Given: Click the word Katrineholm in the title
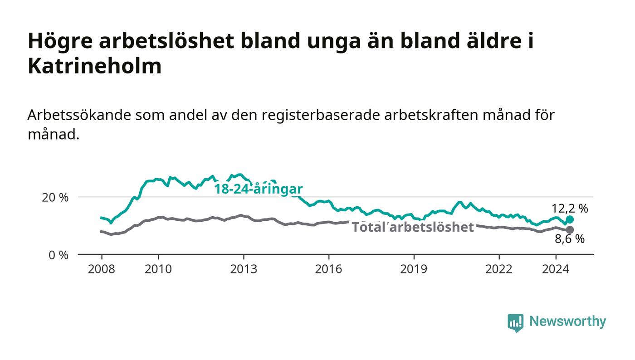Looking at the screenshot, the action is coord(95,66).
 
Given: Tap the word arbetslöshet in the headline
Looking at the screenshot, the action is coord(166,41).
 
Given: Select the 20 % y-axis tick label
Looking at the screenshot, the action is coord(55,198).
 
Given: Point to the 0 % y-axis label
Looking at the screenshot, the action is coord(59,255).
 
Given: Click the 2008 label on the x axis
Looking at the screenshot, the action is coord(102,269).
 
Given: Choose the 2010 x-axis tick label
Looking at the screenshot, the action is coord(158,269).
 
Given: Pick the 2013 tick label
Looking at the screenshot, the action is coord(244,269).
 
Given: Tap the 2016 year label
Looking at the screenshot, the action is coord(328,269).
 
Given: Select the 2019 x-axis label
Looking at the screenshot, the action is coord(414,269).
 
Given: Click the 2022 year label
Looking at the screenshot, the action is coord(499,269).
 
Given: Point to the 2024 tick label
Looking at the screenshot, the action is coord(556,269).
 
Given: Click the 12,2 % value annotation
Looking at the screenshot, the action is coord(570,209).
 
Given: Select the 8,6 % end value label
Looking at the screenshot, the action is coord(570,239).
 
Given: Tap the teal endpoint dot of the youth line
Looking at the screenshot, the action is coord(570,219).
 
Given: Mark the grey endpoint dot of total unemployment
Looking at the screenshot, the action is coord(570,229).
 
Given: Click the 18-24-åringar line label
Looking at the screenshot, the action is coord(259,189).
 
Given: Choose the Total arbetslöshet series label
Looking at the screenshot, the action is coord(413,227).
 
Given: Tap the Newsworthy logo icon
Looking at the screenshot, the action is coord(515,323).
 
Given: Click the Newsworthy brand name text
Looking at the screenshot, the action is coord(567,321).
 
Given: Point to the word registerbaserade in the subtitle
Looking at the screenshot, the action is coord(321,115).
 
